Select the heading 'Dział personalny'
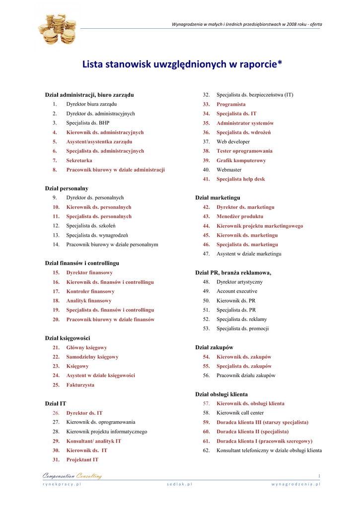67,189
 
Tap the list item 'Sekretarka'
79,161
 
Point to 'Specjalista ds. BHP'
88,123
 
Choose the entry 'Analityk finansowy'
89,301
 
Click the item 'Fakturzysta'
80,385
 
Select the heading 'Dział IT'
56,404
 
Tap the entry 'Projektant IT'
82,460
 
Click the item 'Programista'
231,105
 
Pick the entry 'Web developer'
233,142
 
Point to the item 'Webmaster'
229,170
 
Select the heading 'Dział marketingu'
217,198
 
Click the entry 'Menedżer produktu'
240,217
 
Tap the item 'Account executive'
237,291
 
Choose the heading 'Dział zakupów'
214,348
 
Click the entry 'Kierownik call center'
240,413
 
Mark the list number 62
206,450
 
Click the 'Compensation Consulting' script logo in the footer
72,476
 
